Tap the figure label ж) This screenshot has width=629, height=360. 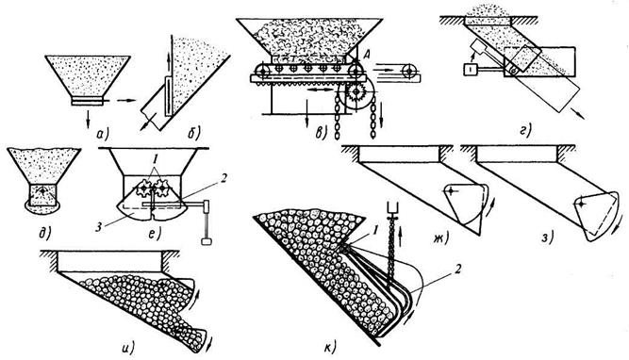coord(439,238)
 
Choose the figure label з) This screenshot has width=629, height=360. coord(547,238)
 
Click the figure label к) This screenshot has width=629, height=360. coord(330,347)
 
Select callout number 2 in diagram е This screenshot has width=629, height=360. coord(223,177)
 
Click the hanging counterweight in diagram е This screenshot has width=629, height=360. coord(207,241)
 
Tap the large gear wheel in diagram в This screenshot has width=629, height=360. coord(356,93)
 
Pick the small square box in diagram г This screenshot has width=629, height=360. coord(470,70)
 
